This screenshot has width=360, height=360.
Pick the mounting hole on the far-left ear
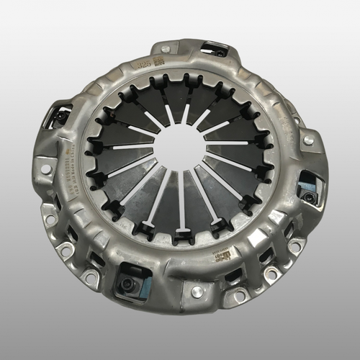point(45,168)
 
